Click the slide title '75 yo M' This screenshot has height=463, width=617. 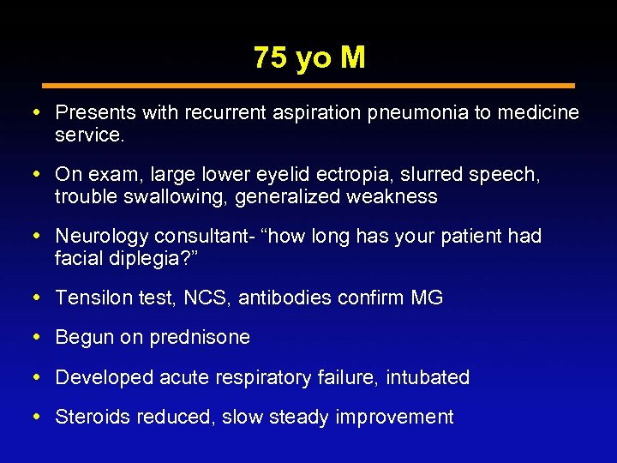[x=309, y=57]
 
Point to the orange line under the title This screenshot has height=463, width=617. [x=308, y=86]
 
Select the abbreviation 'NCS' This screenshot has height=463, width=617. [x=212, y=298]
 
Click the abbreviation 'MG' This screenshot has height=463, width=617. [x=426, y=298]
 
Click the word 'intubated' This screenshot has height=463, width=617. [x=428, y=377]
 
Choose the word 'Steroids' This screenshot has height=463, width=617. [x=89, y=417]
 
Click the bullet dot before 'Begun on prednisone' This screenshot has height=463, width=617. [x=45, y=337]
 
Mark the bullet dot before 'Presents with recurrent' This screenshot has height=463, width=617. [x=45, y=112]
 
